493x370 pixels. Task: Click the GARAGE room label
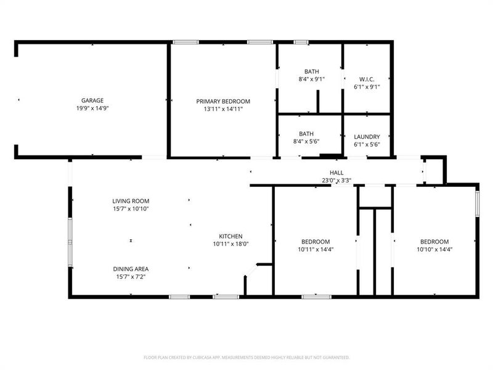pos(92,101)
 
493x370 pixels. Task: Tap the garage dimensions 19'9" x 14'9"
pos(92,108)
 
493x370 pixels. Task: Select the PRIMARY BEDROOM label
pos(223,101)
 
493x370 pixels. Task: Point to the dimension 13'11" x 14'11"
pos(223,109)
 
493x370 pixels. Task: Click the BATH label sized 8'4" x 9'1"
pos(312,72)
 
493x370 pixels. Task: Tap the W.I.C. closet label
pos(367,79)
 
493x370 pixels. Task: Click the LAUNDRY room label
pos(367,137)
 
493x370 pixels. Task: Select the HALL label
pos(336,173)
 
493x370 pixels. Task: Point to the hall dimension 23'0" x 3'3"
pos(336,181)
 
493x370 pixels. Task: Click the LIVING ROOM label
pos(131,201)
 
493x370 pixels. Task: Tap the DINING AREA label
pos(131,269)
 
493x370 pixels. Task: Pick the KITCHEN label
pos(231,236)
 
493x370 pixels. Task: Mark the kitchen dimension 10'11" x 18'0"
pos(231,244)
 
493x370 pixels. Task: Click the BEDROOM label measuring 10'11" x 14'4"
pos(316,242)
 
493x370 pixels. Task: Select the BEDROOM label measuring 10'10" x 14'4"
pos(434,242)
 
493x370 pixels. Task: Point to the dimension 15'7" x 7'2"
pos(131,277)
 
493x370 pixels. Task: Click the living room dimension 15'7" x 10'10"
pos(131,208)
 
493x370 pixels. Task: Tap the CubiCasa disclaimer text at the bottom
pos(246,357)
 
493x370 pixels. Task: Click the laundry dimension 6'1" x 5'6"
pos(367,144)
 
